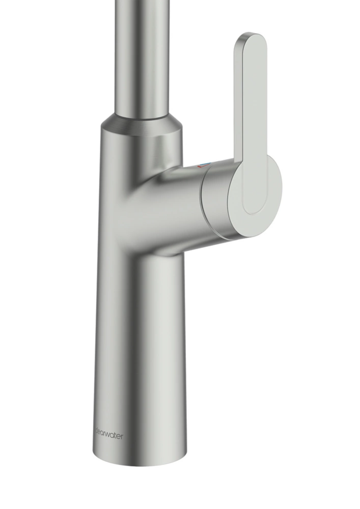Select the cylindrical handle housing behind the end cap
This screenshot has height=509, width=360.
click(x=219, y=201)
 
